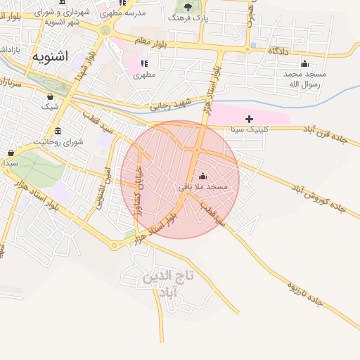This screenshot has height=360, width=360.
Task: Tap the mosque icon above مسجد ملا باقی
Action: point(203,176)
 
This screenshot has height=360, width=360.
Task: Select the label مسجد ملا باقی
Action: point(202,187)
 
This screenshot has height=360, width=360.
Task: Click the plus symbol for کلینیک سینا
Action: point(249,119)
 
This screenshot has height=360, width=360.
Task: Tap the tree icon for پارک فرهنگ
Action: point(186,7)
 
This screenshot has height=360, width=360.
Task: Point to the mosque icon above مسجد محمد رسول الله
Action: point(304,64)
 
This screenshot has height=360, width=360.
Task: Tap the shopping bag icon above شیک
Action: point(50,96)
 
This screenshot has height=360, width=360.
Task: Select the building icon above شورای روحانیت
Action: point(57,131)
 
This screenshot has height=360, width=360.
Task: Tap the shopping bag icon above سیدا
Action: point(11,153)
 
